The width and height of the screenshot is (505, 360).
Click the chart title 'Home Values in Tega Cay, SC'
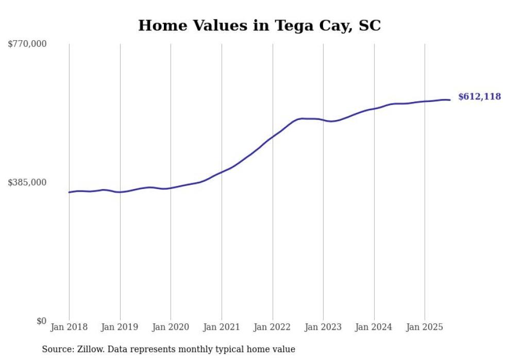pos(259,25)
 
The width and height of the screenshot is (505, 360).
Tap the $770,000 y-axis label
pos(27,44)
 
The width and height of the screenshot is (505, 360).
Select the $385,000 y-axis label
pos(27,182)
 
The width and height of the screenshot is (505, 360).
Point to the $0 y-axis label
pos(41,321)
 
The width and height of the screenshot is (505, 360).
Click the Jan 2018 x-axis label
pos(69,327)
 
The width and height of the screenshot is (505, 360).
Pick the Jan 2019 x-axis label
pos(120,327)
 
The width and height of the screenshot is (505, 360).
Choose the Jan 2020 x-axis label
pos(171,327)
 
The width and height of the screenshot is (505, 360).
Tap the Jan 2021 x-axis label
pos(222,327)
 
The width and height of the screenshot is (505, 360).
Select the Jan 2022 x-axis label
pos(273,327)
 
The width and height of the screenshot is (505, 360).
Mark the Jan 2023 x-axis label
pos(323,327)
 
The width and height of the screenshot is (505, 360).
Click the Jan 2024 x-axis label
pos(374,327)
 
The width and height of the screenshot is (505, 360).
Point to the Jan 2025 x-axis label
pos(425,327)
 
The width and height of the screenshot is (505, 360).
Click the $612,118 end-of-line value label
pos(479,97)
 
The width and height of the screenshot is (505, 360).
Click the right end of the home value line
pos(450,100)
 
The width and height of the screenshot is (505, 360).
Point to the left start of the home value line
pos(69,192)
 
